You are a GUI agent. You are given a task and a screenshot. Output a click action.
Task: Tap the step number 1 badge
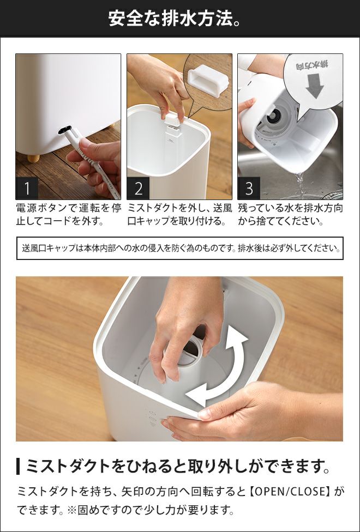(x=27, y=188)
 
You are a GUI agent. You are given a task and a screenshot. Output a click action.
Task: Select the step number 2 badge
(x=138, y=188)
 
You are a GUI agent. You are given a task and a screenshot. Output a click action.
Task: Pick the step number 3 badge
(x=249, y=188)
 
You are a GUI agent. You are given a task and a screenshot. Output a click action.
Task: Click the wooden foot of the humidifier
(x=33, y=159)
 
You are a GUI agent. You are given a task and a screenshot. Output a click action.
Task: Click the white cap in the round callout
(x=207, y=81)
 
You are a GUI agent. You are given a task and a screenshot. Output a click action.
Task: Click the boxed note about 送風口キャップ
(x=180, y=249)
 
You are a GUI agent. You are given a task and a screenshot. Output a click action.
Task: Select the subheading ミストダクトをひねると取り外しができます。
(x=178, y=466)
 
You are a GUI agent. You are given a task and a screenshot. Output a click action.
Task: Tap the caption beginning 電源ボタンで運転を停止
(x=68, y=215)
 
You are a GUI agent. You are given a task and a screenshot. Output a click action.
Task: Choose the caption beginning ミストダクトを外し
(x=179, y=215)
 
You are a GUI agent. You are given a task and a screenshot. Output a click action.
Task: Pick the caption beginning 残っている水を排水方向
(x=290, y=215)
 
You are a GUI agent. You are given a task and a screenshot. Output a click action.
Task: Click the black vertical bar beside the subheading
(x=18, y=466)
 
